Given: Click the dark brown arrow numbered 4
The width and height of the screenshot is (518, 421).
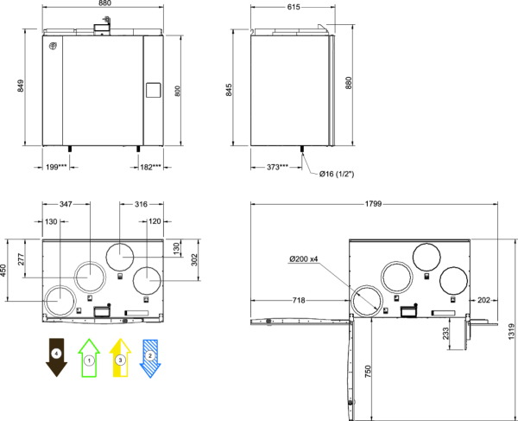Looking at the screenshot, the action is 56,357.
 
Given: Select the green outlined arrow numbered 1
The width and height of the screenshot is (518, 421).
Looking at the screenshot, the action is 89,358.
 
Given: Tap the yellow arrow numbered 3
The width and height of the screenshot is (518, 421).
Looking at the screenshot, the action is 120,358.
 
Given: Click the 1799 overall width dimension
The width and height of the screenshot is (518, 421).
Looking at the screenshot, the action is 373,204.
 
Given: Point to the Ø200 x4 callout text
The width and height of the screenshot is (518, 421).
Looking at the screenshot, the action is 304,259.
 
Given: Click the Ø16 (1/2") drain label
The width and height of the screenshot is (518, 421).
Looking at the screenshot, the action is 337,174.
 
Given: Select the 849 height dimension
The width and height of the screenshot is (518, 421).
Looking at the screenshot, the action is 21,86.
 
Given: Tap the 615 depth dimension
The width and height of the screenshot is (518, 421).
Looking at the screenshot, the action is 294,7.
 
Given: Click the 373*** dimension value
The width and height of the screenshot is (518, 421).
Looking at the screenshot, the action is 277,168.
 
